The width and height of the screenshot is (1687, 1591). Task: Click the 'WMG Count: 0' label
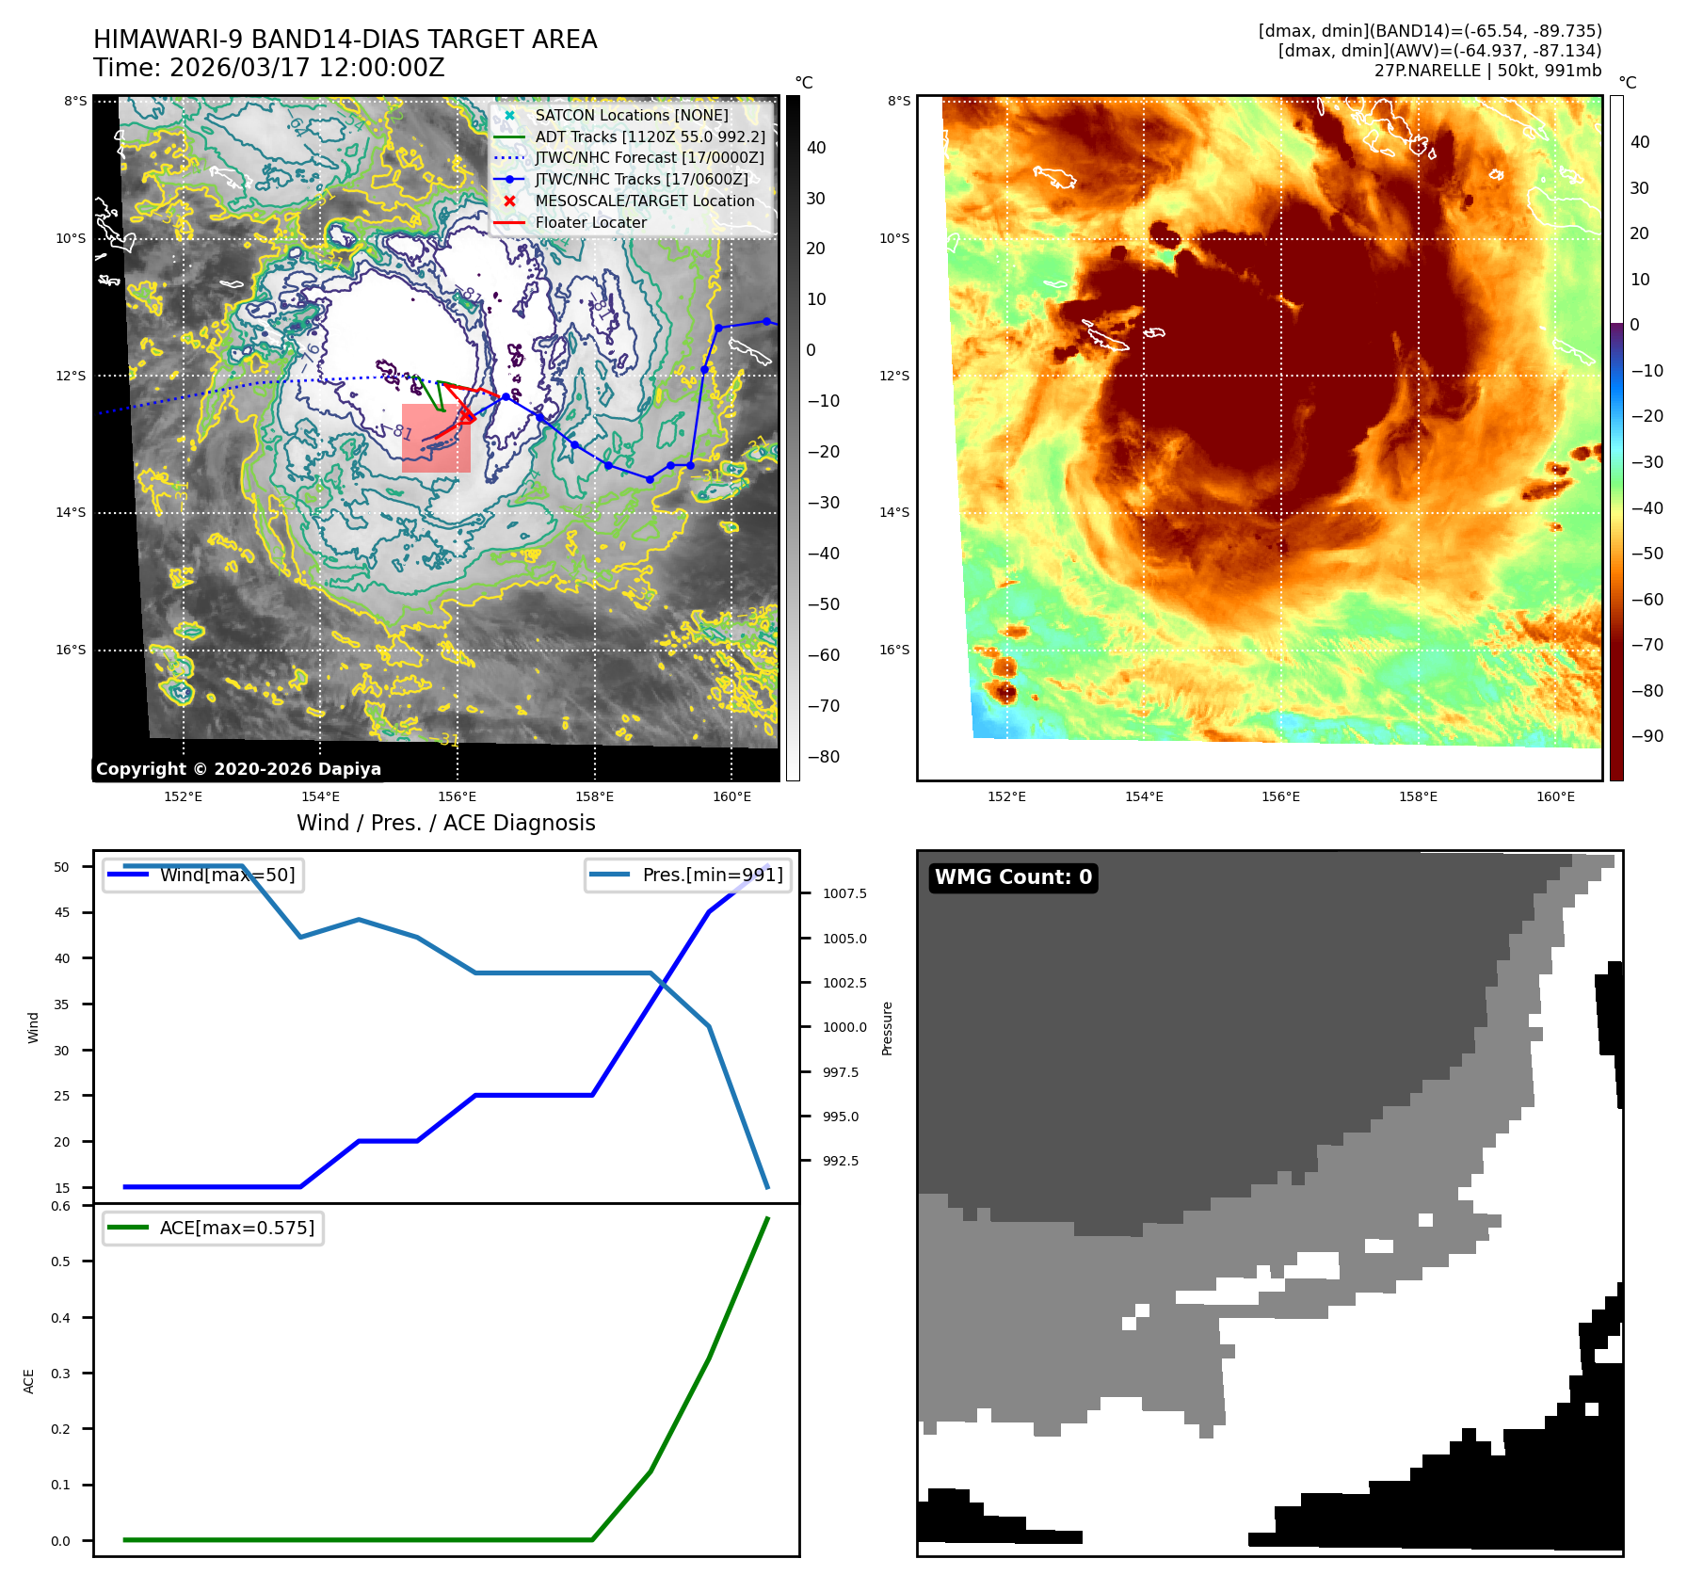1013,877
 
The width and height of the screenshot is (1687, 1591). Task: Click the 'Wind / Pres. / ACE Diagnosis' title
445,823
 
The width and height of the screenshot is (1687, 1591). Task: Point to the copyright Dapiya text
238,769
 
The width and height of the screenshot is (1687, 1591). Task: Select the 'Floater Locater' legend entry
590,222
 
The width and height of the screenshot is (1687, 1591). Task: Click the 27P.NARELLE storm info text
1487,71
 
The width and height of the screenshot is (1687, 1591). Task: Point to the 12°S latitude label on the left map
71,376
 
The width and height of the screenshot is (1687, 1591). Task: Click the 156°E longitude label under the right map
1280,796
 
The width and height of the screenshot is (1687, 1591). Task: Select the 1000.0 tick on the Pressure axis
844,1027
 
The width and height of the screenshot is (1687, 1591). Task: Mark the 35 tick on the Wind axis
62,1004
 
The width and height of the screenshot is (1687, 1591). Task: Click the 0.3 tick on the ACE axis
61,1374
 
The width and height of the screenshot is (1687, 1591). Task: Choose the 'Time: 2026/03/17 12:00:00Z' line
268,68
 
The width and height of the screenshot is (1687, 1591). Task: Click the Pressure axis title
887,1028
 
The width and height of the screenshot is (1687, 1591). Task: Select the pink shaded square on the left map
436,439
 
